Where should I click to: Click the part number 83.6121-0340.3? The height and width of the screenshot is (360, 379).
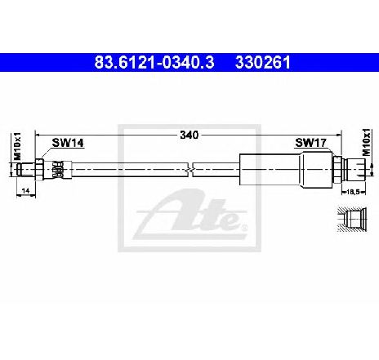154,62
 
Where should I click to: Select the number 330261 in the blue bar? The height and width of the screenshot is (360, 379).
263,62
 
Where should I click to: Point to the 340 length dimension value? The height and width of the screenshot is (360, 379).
189,135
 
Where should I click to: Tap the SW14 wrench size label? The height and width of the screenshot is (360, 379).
68,143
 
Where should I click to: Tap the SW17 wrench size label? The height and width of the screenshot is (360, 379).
310,142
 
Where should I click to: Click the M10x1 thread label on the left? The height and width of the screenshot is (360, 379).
17,146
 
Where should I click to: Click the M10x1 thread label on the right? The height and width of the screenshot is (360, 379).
367,142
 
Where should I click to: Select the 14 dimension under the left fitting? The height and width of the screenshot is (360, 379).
25,191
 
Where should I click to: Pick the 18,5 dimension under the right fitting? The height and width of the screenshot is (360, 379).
353,192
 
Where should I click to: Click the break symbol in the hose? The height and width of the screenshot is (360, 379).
190,170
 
